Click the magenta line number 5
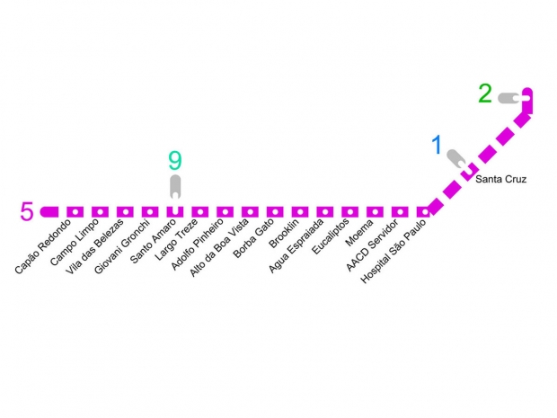pos(27,212)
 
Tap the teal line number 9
pos(175,161)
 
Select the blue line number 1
pos(438,145)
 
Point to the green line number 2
pos(485,93)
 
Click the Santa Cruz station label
pos(501,180)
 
